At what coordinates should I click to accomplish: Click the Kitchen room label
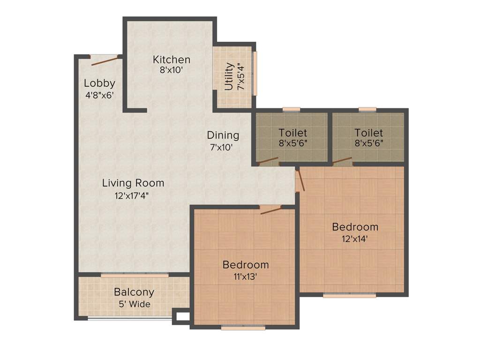172,60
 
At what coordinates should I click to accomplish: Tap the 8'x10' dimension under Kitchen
171,70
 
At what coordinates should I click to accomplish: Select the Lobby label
99,83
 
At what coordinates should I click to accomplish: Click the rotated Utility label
229,76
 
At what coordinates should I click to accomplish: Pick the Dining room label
223,135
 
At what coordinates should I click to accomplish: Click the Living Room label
133,183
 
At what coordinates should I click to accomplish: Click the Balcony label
134,292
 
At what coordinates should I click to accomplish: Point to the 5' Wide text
135,304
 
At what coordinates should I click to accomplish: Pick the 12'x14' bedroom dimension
355,238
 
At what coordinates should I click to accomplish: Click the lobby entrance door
104,60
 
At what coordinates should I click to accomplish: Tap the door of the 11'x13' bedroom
271,210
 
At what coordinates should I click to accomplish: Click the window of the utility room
255,74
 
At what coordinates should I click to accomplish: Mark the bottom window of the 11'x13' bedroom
243,328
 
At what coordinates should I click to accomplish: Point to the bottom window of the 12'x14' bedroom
349,296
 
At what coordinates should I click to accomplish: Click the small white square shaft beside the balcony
182,317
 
